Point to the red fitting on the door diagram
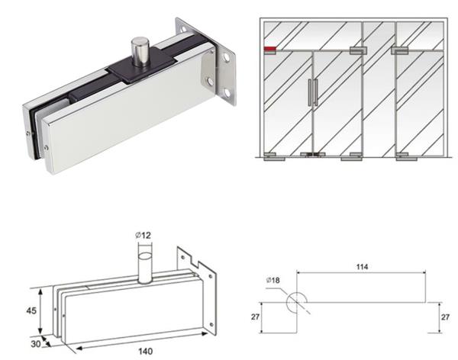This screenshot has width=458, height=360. pos(270,51)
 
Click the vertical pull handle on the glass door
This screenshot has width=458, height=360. pos(311,92)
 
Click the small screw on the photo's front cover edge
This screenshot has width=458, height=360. pos(47,146)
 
